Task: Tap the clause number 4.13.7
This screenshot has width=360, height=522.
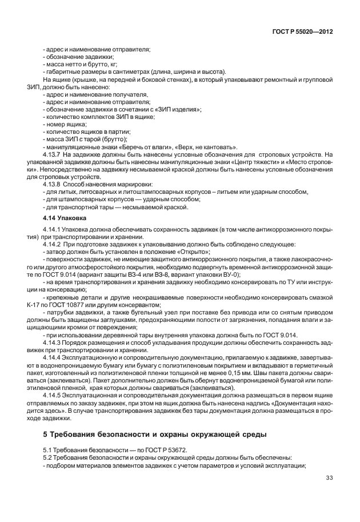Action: (x=52, y=154)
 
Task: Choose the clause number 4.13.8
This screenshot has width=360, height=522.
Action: (x=52, y=185)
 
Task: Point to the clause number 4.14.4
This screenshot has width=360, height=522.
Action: (x=52, y=356)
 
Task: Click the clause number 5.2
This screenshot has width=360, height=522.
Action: (x=47, y=457)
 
